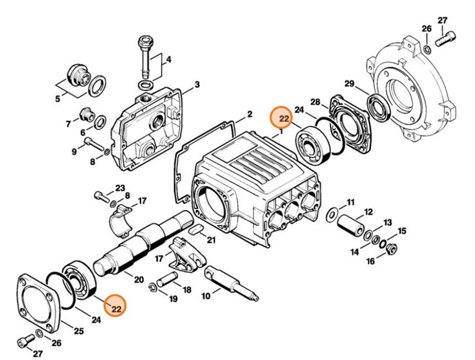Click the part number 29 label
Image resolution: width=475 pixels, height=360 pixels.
click(x=349, y=83)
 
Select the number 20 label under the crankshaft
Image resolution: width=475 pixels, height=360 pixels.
click(x=138, y=279)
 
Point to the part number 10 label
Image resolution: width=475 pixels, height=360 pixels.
click(x=205, y=296)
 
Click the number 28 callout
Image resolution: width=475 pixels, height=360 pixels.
click(x=315, y=102)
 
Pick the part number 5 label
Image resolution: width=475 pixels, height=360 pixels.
click(x=57, y=98)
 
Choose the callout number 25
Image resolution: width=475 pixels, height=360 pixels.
click(x=80, y=331)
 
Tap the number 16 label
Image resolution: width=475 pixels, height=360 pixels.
click(x=370, y=261)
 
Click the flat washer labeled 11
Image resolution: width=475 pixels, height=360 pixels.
click(x=332, y=213)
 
